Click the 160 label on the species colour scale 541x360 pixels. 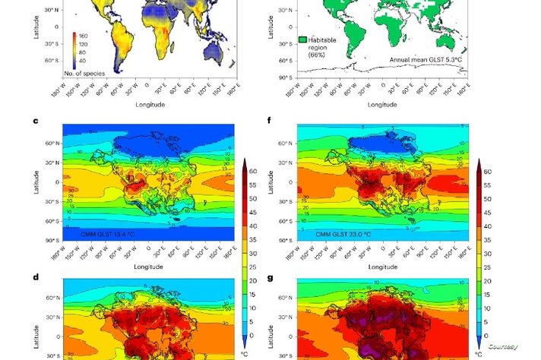click(83, 35)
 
